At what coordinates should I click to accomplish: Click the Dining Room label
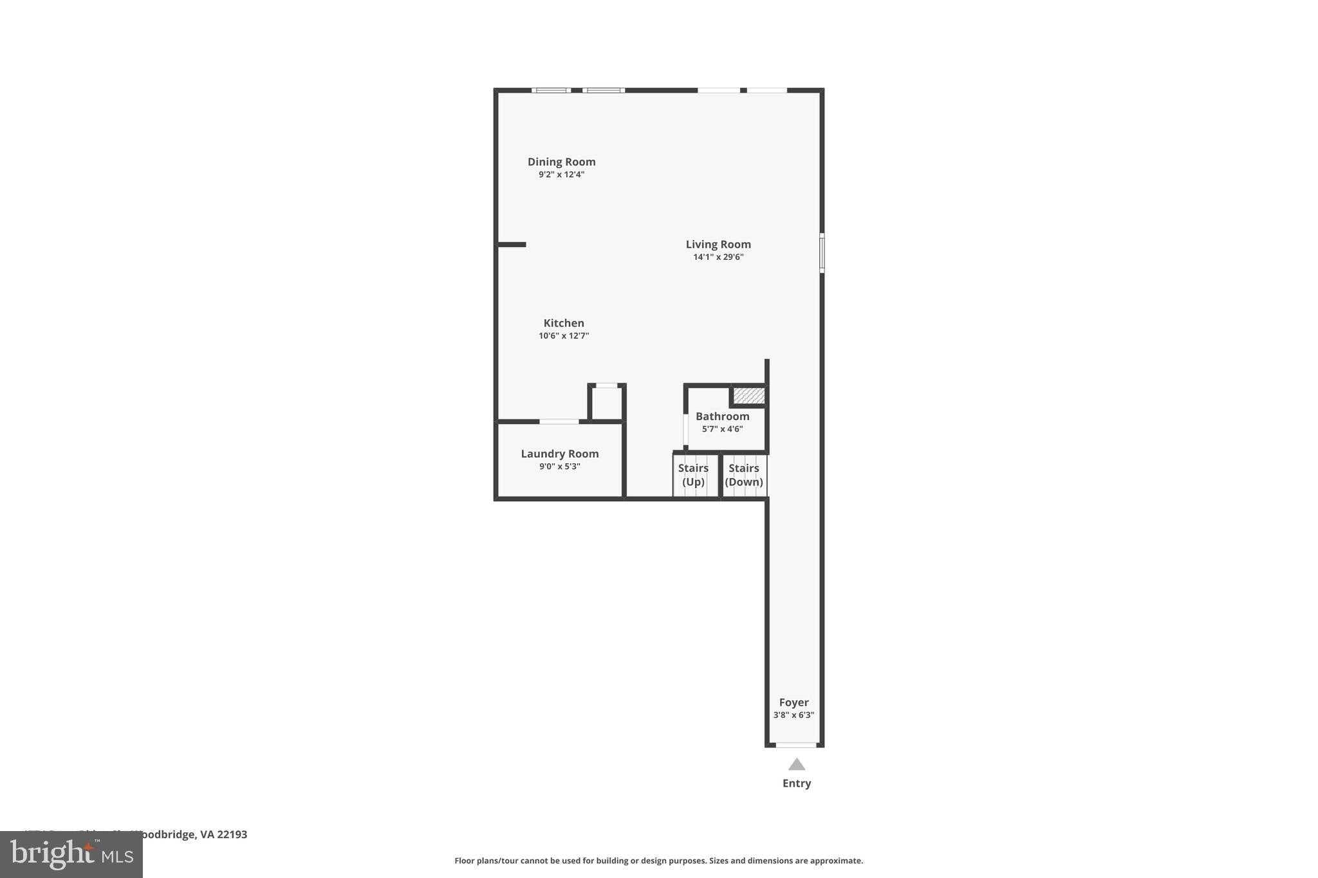pyautogui.click(x=561, y=161)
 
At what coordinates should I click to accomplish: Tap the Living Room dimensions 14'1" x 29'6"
pyautogui.click(x=718, y=257)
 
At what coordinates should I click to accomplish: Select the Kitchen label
pyautogui.click(x=564, y=323)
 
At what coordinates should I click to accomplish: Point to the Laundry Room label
pyautogui.click(x=559, y=453)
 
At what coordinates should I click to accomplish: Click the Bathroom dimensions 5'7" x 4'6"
pyautogui.click(x=722, y=429)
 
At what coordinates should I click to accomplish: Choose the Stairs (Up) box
pyautogui.click(x=694, y=476)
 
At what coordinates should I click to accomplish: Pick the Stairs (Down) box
pyautogui.click(x=744, y=476)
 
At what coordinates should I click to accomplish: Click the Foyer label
pyautogui.click(x=794, y=702)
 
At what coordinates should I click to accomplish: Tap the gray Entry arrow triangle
pyautogui.click(x=797, y=764)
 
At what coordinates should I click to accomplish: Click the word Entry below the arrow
pyautogui.click(x=797, y=783)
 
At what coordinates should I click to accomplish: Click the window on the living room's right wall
pyautogui.click(x=822, y=253)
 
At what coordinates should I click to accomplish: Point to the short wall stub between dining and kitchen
pyautogui.click(x=512, y=244)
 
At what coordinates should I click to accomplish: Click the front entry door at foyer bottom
pyautogui.click(x=796, y=745)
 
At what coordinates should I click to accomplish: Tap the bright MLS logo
pyautogui.click(x=71, y=854)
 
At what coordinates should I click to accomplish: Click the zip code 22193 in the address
pyautogui.click(x=232, y=834)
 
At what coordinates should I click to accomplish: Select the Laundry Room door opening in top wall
pyautogui.click(x=559, y=421)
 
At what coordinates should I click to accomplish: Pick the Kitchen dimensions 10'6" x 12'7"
pyautogui.click(x=564, y=336)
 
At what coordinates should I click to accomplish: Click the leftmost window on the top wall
pyautogui.click(x=551, y=90)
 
